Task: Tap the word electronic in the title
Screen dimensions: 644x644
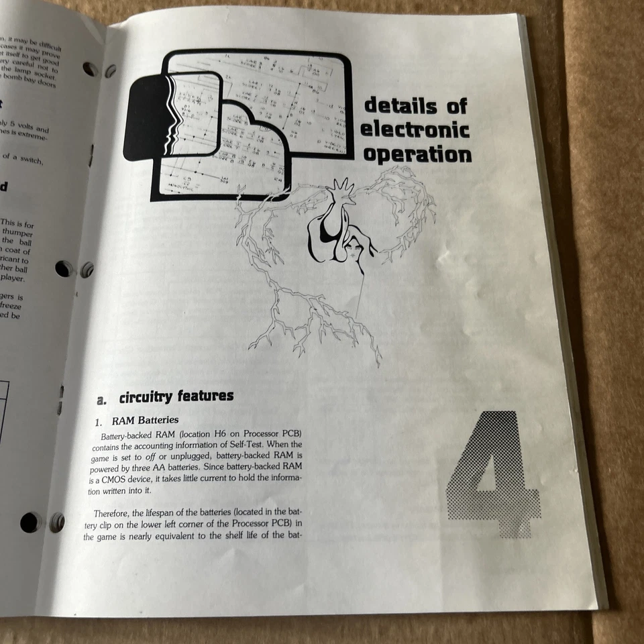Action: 416,129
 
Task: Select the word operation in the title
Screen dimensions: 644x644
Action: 417,154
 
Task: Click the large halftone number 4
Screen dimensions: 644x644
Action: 494,473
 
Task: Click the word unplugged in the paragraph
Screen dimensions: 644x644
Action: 173,456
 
